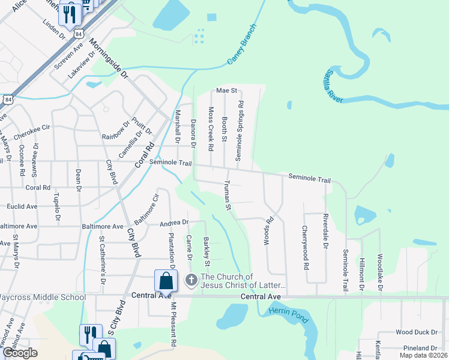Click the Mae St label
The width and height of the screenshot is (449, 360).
227,91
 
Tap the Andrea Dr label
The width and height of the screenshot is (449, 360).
174,223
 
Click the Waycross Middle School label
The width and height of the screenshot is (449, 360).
43,297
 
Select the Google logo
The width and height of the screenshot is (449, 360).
20,353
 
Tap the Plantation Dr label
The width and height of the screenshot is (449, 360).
172,249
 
